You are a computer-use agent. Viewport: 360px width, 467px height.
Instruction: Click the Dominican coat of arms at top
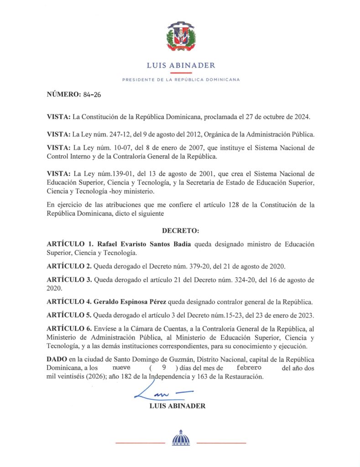(x=181, y=37)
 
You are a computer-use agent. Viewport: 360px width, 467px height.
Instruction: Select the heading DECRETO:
(x=180, y=231)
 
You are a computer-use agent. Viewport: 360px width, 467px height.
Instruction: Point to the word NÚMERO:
(x=63, y=95)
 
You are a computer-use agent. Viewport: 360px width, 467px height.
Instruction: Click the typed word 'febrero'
(x=245, y=367)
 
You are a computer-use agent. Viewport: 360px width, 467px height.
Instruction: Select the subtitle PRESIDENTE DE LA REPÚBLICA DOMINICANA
(x=181, y=79)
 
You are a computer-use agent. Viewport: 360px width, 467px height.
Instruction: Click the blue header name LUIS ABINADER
(x=181, y=65)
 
